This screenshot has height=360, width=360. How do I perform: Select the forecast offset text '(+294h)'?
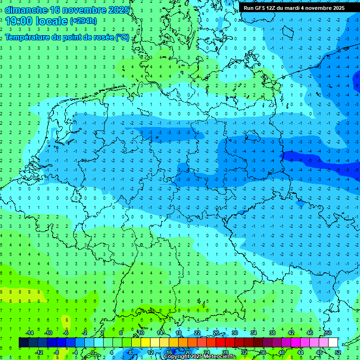(83, 21)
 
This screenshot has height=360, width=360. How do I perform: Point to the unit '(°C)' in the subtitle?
(122, 37)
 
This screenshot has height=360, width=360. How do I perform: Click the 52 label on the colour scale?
(338, 352)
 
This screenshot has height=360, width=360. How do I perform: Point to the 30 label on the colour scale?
(234, 333)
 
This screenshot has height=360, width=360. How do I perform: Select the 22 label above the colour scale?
(197, 333)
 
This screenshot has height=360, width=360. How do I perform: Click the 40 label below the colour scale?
(281, 352)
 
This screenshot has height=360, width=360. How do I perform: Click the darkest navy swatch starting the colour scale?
(23, 343)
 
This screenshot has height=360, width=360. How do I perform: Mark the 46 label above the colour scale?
(310, 333)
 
